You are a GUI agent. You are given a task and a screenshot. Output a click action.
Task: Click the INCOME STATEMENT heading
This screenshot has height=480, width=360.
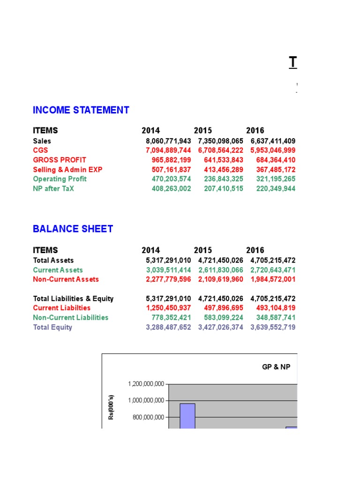[81, 110]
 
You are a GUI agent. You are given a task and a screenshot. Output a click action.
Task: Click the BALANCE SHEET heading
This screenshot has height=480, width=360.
[73, 229]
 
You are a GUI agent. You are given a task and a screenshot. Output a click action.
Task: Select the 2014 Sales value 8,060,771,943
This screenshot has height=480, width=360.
[168, 141]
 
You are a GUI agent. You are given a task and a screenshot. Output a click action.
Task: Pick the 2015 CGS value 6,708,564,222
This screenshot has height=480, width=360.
[220, 150]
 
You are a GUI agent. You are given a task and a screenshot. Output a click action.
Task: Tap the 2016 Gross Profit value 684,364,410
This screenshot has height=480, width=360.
[273, 160]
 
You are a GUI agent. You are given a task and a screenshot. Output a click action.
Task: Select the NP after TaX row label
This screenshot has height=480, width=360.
[53, 188]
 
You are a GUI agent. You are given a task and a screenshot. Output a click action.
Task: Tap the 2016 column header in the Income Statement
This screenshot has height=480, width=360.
[255, 131]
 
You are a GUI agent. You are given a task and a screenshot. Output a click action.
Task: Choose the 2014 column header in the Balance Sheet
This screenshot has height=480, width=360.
[150, 250]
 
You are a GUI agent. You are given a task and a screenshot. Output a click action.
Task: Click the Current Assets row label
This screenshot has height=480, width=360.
[58, 270]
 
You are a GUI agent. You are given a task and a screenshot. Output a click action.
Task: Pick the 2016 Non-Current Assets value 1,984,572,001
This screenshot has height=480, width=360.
[273, 279]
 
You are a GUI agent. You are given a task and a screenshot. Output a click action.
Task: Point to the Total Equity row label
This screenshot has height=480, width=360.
[52, 327]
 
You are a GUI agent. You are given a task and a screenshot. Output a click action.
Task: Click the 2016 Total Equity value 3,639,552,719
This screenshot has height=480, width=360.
[273, 327]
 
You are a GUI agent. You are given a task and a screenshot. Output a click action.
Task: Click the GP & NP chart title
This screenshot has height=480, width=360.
[276, 367]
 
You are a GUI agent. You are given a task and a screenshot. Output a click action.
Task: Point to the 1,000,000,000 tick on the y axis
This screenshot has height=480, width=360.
[146, 401]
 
